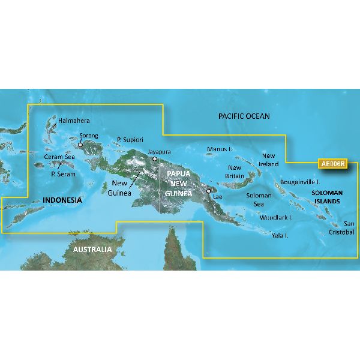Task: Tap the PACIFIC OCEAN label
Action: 244,116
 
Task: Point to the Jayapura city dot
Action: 155,160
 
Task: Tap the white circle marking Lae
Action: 209,192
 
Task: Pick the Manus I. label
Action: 218,148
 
